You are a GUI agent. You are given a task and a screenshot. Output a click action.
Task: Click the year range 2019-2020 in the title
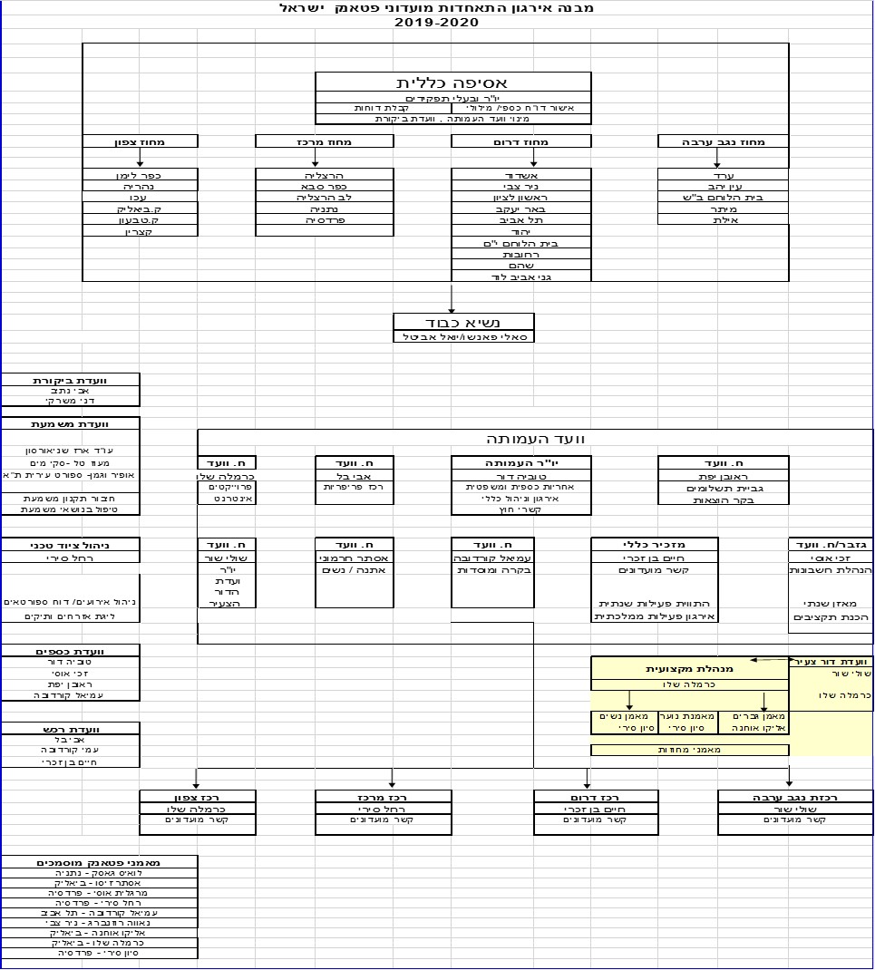coord(436,23)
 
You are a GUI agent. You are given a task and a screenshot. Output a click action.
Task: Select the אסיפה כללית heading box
coord(452,82)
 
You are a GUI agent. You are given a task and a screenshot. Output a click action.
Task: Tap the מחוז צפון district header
coord(141,141)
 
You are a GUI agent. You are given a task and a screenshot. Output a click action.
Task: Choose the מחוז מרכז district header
coord(325,141)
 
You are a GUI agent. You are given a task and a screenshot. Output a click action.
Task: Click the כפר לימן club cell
coord(141,175)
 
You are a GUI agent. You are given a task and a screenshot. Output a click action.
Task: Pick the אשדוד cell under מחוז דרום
coord(521,175)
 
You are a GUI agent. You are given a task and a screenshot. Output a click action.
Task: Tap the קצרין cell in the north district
coord(141,232)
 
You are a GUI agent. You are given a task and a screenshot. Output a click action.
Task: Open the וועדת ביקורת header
coord(71,380)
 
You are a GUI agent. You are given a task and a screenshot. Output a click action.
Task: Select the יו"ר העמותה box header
coord(521,463)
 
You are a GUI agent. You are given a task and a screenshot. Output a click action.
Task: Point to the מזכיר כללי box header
coord(655,544)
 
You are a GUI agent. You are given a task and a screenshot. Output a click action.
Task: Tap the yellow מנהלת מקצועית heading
coord(690,669)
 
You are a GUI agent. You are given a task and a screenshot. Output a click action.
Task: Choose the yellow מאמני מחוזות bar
coord(690,750)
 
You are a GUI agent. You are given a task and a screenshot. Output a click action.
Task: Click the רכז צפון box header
coord(198,797)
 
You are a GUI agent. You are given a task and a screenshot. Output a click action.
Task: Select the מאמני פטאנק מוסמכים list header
coord(99,862)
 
